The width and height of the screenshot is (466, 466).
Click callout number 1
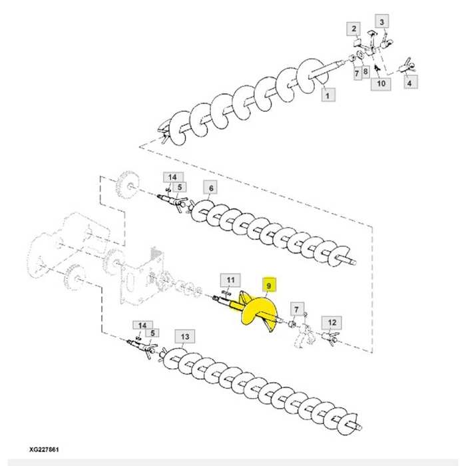[327, 96]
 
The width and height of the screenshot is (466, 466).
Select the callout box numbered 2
[354, 29]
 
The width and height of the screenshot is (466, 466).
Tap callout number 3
[381, 22]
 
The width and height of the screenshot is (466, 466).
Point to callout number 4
[409, 83]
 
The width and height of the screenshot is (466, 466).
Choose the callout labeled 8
[365, 71]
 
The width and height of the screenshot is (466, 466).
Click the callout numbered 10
[381, 83]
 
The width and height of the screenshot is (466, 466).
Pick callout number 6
[210, 188]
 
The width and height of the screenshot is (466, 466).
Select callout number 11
[229, 279]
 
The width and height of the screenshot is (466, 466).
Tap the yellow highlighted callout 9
[269, 286]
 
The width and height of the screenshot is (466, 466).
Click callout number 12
[331, 323]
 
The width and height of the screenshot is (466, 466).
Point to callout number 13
[185, 337]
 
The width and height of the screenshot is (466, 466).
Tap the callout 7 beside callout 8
[357, 71]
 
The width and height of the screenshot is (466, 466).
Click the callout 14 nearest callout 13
[142, 325]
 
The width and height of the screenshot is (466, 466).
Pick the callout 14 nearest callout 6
[172, 177]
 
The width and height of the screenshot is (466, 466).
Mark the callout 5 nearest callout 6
[180, 188]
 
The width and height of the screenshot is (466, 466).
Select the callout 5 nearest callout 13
[152, 334]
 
